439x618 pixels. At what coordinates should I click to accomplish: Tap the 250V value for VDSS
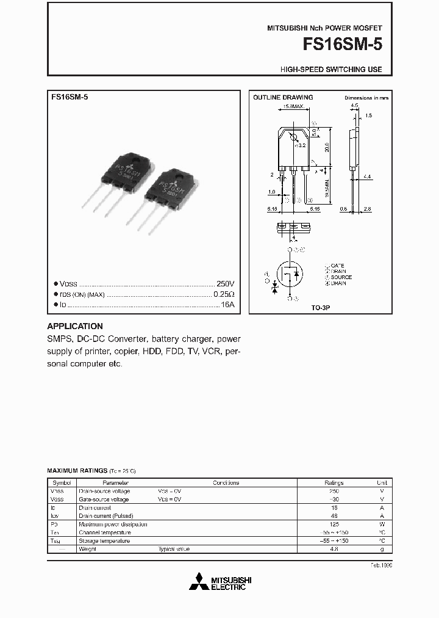pos(225,284)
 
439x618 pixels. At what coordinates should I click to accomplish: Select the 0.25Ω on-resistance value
pos(224,294)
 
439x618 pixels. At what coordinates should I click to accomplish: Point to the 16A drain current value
pos(227,304)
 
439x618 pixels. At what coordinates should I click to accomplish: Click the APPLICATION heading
pos(75,326)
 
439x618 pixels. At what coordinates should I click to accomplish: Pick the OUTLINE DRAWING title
pos(283,97)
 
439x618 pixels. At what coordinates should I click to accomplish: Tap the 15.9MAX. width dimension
pos(293,106)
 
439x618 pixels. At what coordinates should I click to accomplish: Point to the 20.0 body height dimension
pos(327,148)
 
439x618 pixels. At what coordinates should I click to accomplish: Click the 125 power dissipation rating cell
pos(334,524)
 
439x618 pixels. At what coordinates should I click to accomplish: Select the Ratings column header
pos(334,482)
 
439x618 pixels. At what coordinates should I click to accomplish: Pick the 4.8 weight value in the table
pos(334,549)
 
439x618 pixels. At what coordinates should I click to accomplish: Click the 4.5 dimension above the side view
pos(354,106)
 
